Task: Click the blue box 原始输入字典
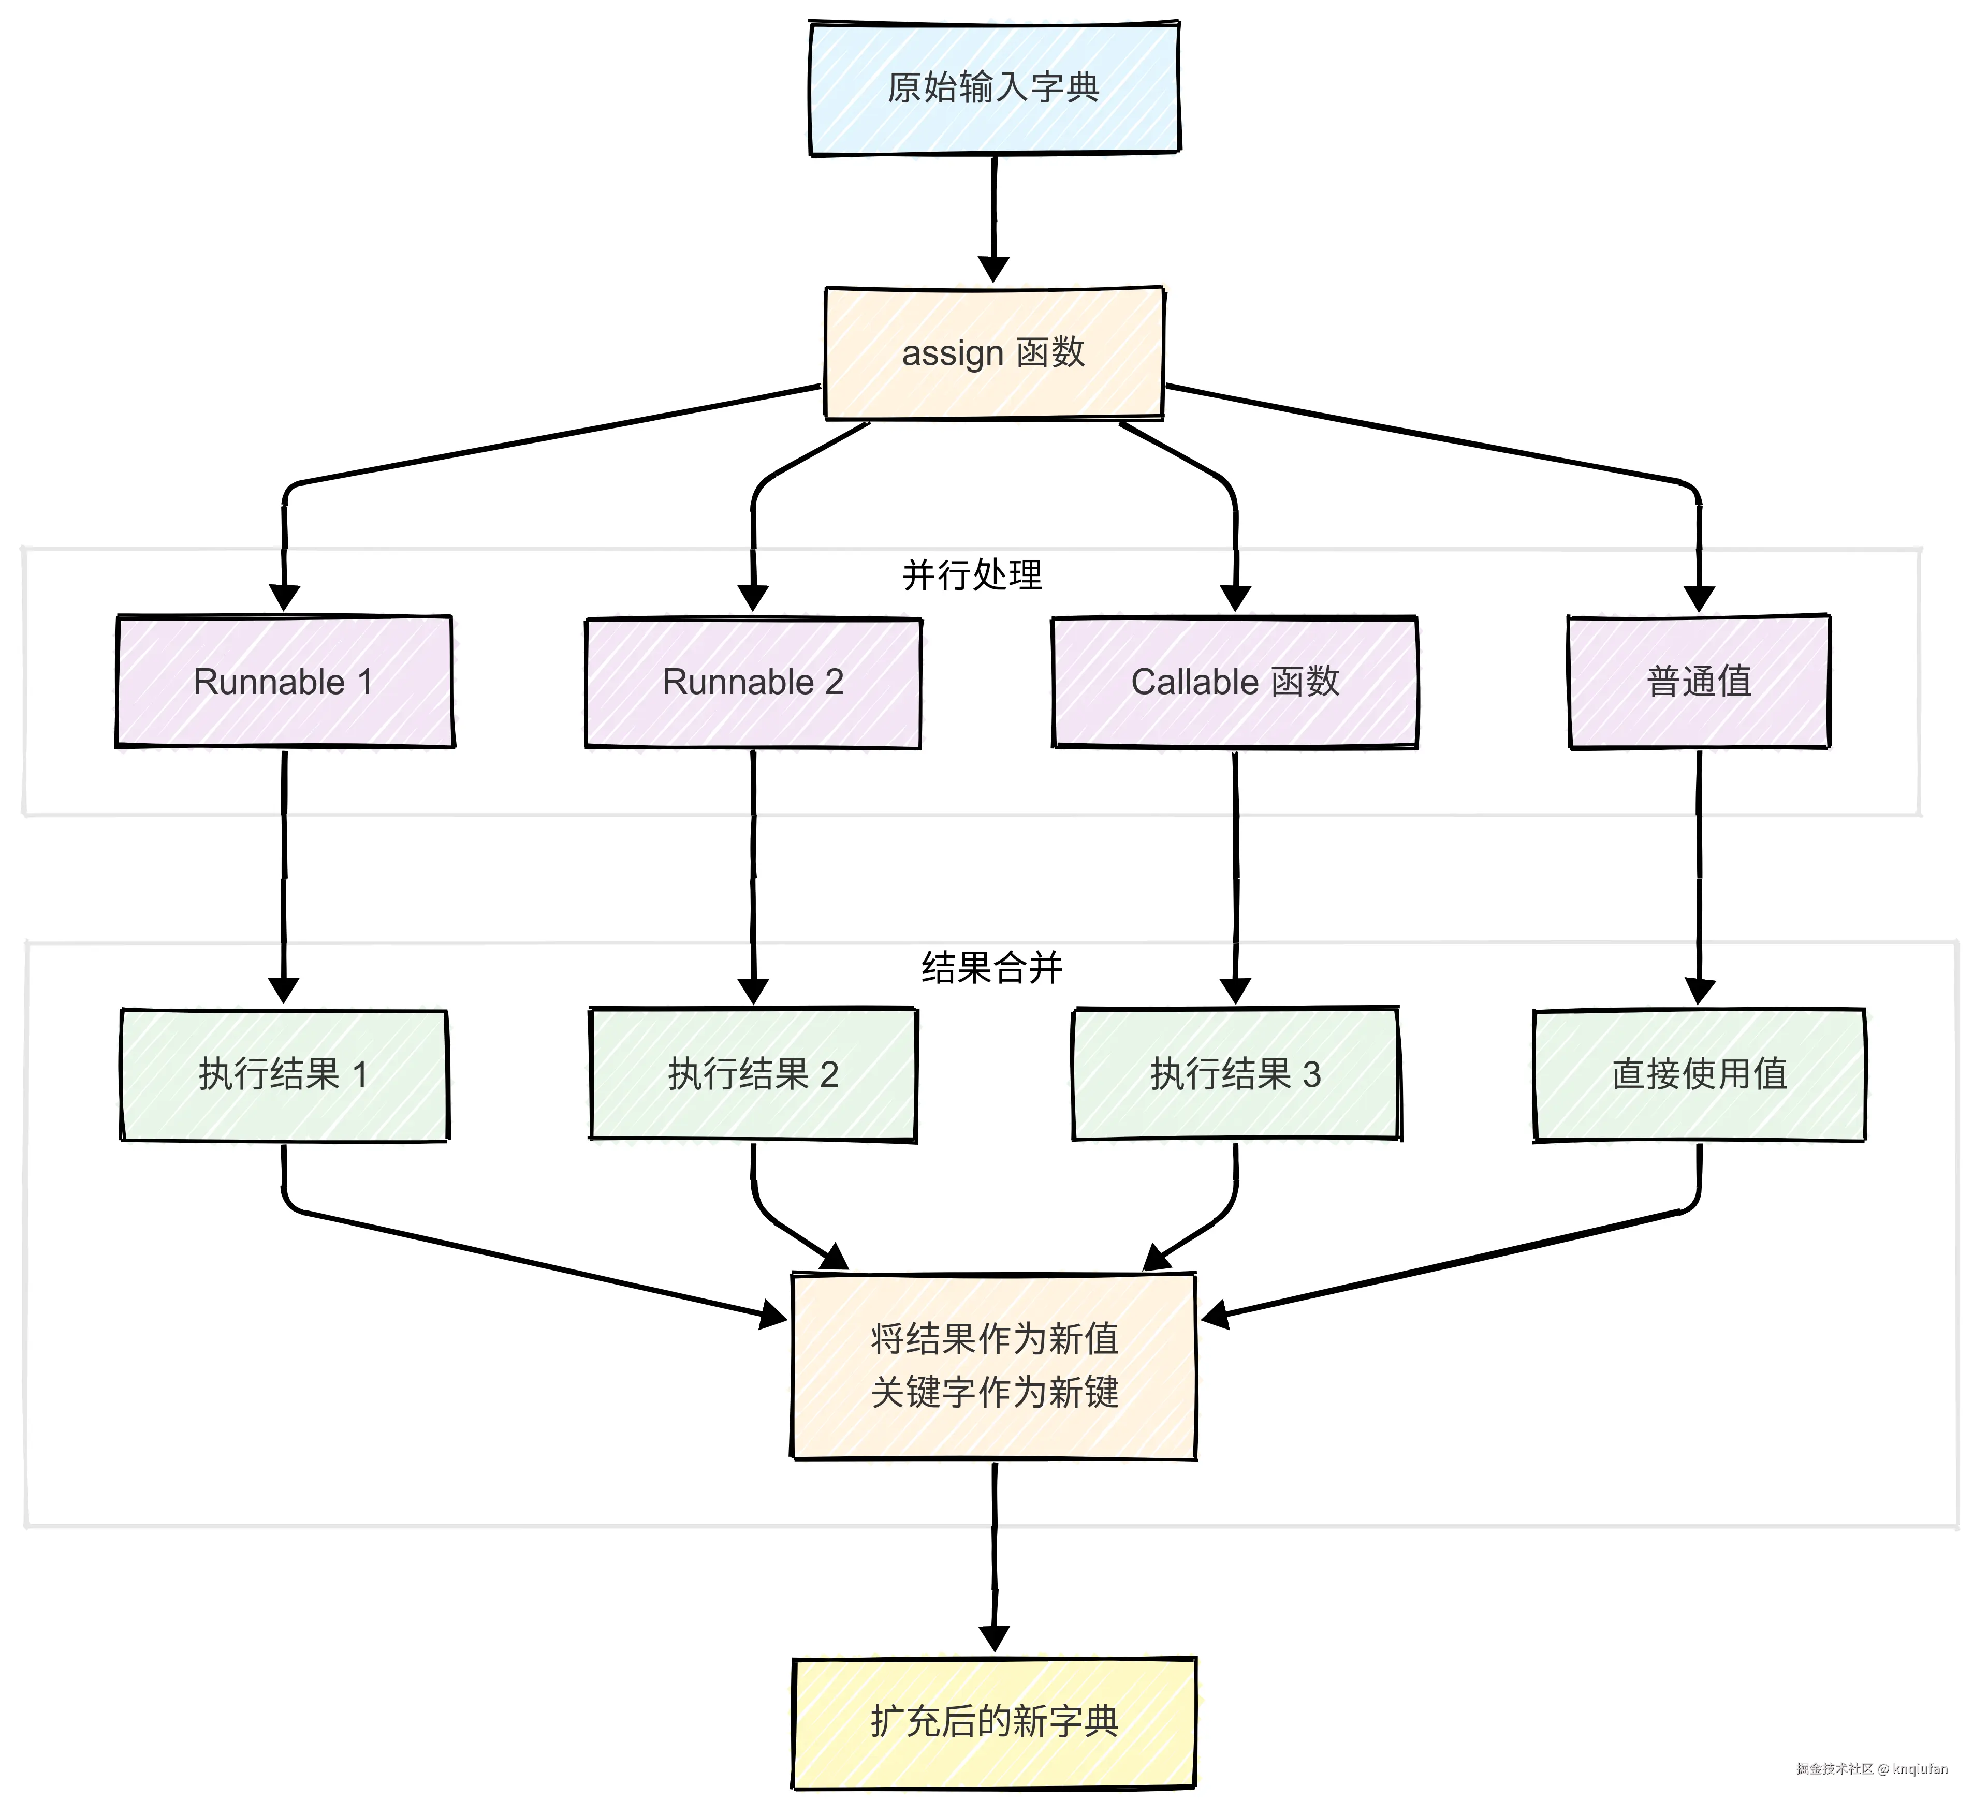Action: point(994,88)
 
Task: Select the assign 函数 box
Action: point(994,353)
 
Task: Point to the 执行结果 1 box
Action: point(284,1074)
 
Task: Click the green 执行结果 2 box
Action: point(753,1074)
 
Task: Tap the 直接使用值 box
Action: point(1698,1074)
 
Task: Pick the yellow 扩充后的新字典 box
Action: point(994,1721)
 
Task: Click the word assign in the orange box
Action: point(952,353)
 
